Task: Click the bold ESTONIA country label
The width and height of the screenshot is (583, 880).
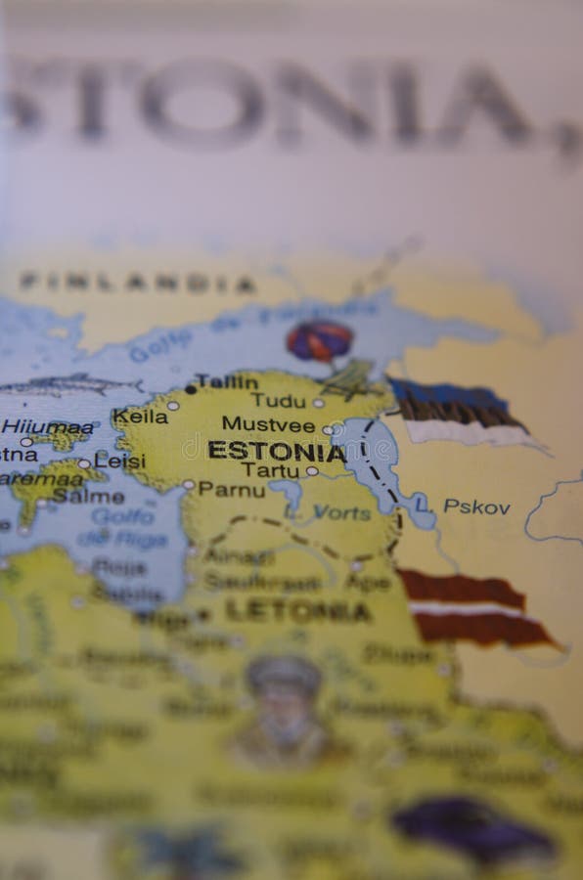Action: [277, 453]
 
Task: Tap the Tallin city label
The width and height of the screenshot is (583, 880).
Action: [226, 381]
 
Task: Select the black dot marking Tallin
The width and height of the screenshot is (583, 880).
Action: [191, 388]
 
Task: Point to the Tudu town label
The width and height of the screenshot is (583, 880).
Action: [278, 400]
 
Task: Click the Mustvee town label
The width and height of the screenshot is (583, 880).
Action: [268, 425]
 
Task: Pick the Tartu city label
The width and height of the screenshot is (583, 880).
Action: [270, 470]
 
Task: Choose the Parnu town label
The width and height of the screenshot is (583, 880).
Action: [231, 488]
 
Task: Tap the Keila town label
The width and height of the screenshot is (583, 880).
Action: [140, 417]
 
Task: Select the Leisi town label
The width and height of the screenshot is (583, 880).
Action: [120, 461]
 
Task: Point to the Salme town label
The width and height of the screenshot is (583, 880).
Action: [88, 496]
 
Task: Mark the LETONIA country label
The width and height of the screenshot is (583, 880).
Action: [297, 612]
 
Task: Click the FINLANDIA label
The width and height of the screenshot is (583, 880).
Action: [137, 283]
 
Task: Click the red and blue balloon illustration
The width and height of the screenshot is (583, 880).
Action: [319, 341]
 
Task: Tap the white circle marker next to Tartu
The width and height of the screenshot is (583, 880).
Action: [311, 470]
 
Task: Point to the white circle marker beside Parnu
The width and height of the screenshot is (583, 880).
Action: [188, 484]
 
